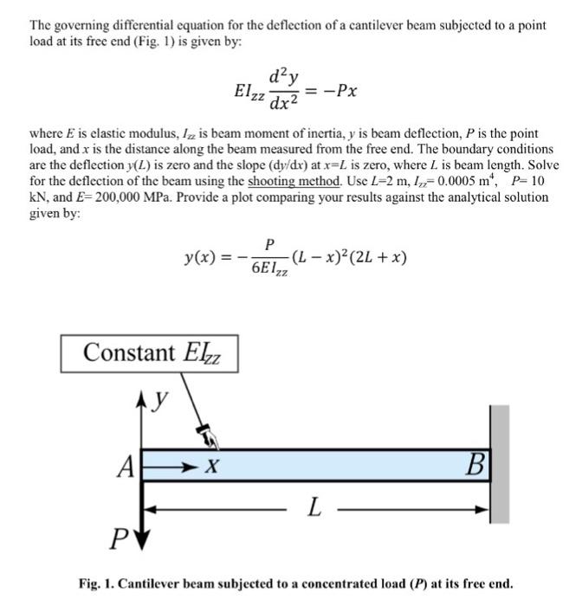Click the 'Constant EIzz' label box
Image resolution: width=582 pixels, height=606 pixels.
148,352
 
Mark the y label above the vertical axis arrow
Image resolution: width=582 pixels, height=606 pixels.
163,400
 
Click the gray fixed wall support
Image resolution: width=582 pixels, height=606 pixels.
500,464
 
